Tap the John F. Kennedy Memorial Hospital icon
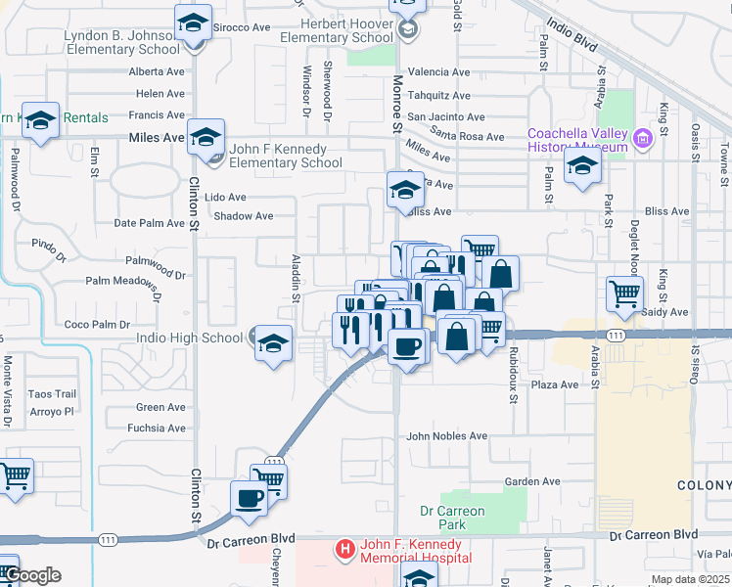pyautogui.click(x=343, y=550)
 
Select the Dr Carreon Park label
pyautogui.click(x=452, y=518)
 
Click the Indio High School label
pyautogui.click(x=198, y=339)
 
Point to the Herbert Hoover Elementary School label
pyautogui.click(x=334, y=30)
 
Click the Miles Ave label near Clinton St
pyautogui.click(x=157, y=138)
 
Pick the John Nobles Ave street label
pyautogui.click(x=446, y=436)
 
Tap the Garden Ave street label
pyautogui.click(x=532, y=481)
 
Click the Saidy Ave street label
pyautogui.click(x=665, y=312)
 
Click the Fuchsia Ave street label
pyautogui.click(x=160, y=428)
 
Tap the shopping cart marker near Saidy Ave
pyautogui.click(x=624, y=293)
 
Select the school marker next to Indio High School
pyautogui.click(x=274, y=343)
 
